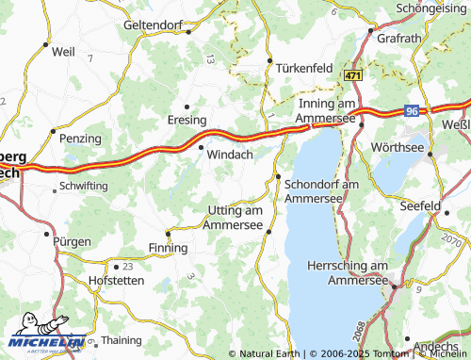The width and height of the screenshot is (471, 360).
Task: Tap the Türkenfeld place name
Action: pos(305,69)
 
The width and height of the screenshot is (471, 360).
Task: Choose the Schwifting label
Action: pos(83,188)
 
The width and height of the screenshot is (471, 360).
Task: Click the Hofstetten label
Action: pos(115,281)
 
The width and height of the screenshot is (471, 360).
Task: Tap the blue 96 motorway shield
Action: pos(412,110)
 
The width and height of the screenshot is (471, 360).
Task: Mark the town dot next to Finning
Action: pos(168,232)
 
